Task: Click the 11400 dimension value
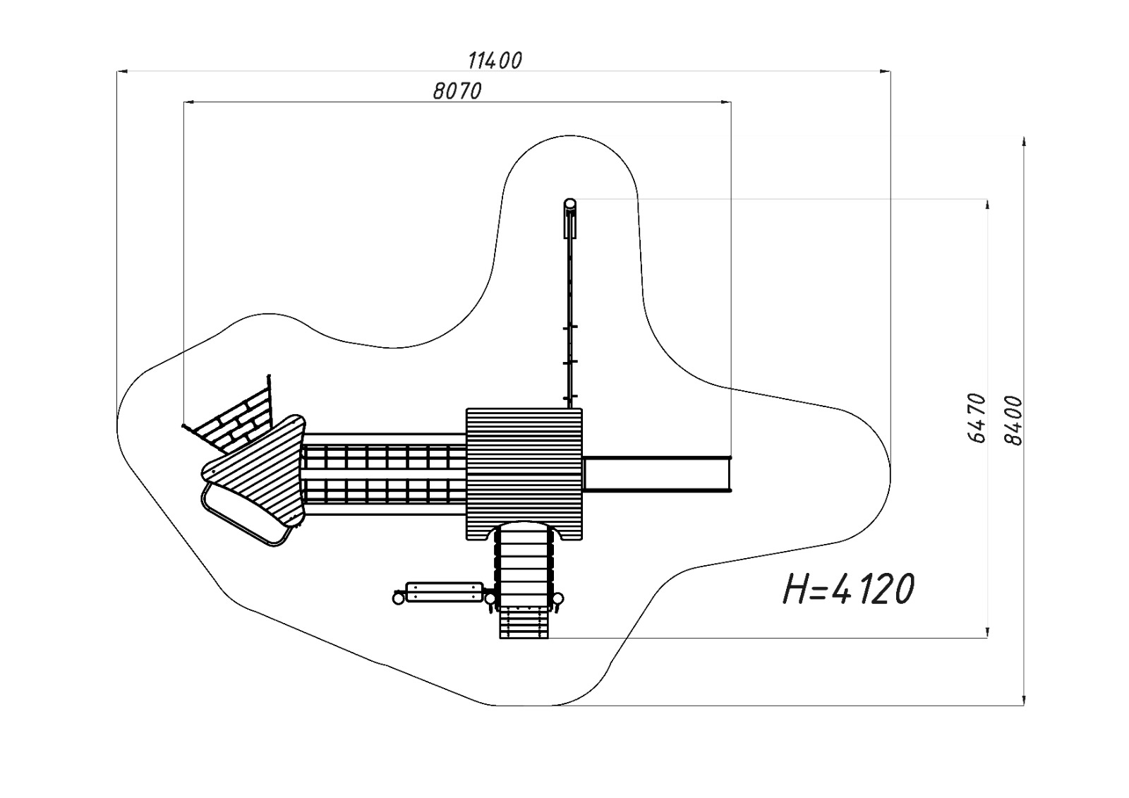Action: click(495, 61)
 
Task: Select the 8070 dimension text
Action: click(457, 91)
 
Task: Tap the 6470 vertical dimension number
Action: click(977, 418)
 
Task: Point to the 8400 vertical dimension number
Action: click(1013, 421)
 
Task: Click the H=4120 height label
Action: click(849, 588)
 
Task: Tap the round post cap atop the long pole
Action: click(569, 204)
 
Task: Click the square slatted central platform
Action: click(524, 474)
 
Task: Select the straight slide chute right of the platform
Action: click(657, 473)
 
